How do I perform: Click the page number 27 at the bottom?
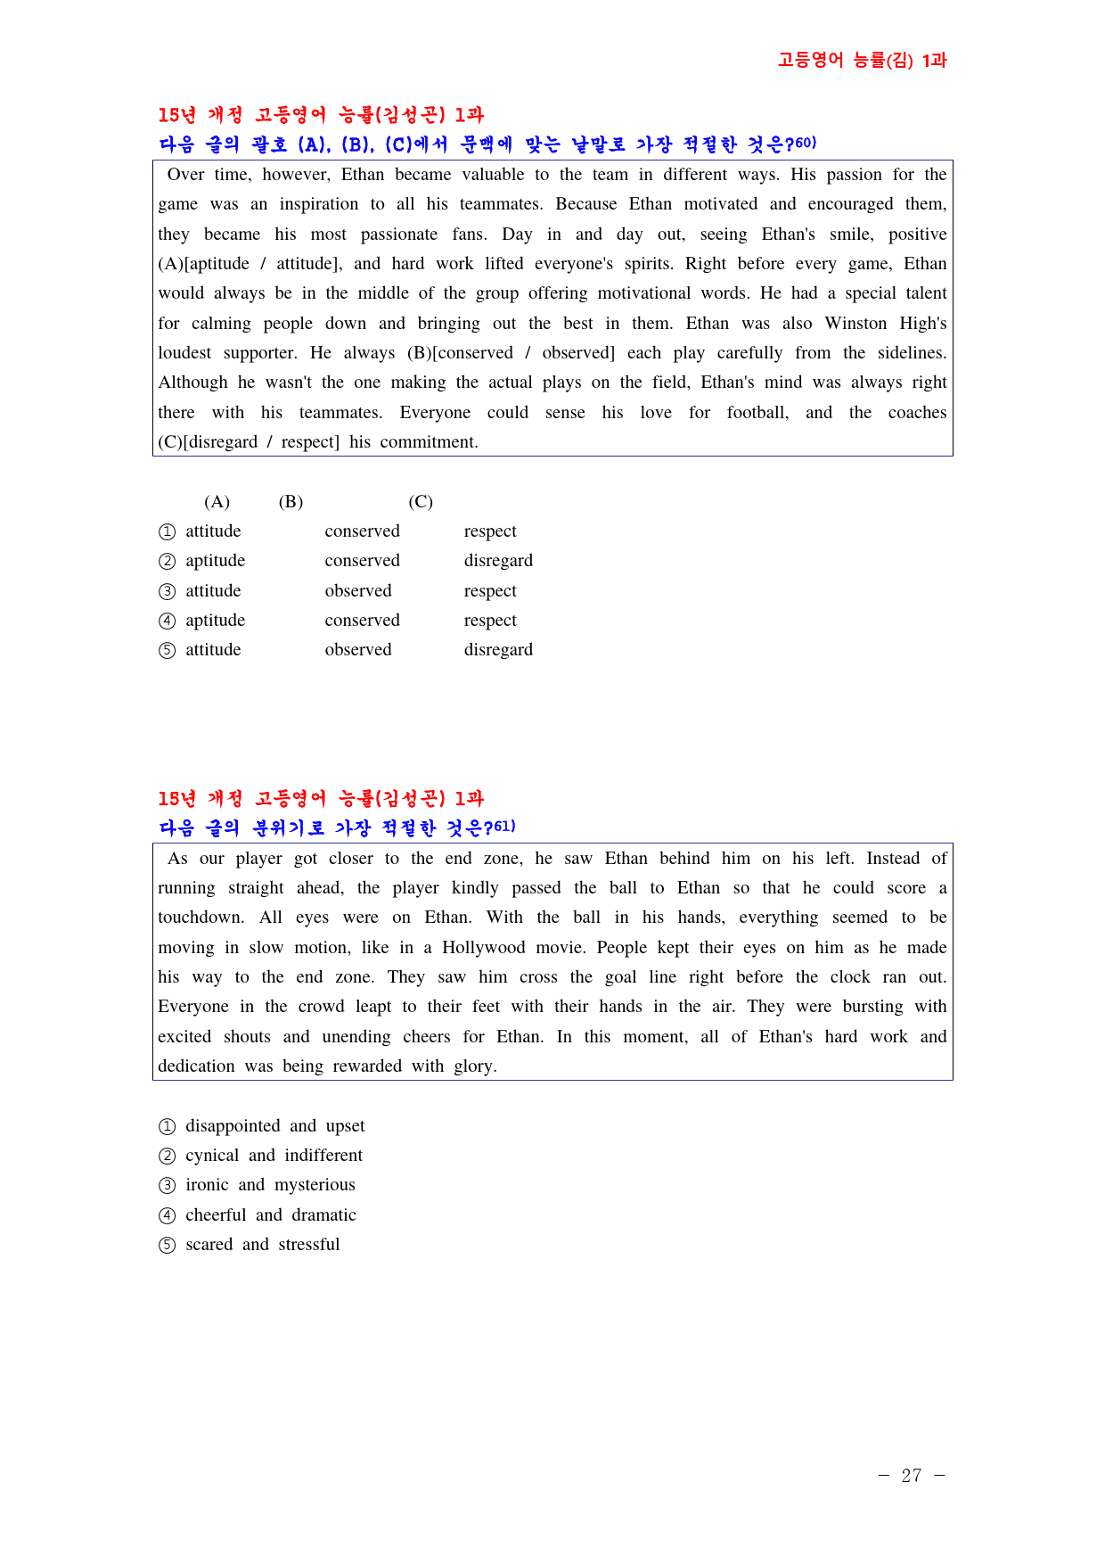pyautogui.click(x=911, y=1476)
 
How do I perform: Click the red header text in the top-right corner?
pyautogui.click(x=862, y=61)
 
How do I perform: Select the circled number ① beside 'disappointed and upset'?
pyautogui.click(x=168, y=1127)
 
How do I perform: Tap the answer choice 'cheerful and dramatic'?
pyautogui.click(x=270, y=1215)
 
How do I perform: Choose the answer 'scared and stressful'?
pyautogui.click(x=262, y=1245)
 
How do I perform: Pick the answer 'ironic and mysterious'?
pyautogui.click(x=270, y=1185)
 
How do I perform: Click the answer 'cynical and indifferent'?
pyautogui.click(x=274, y=1156)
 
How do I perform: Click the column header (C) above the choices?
pyautogui.click(x=421, y=502)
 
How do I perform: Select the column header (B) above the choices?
pyautogui.click(x=291, y=502)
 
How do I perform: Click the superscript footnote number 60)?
pyautogui.click(x=805, y=143)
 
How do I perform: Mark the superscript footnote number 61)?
pyautogui.click(x=504, y=827)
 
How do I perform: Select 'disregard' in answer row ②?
pyautogui.click(x=498, y=561)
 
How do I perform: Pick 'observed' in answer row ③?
pyautogui.click(x=358, y=591)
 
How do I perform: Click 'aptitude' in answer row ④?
pyautogui.click(x=215, y=621)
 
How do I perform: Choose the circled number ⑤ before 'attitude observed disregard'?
pyautogui.click(x=168, y=651)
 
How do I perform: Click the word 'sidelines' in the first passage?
pyautogui.click(x=911, y=353)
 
